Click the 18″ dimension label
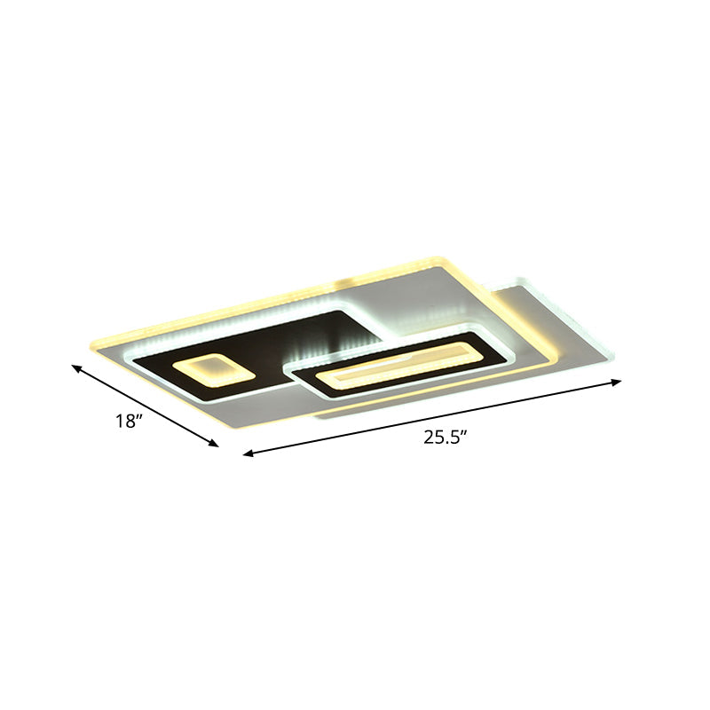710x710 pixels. point(130,422)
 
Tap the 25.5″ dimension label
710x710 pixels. point(444,438)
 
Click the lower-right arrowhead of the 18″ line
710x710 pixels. point(214,444)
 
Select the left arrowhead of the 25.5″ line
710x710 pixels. point(248,454)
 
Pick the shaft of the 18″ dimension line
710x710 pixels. point(146,406)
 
